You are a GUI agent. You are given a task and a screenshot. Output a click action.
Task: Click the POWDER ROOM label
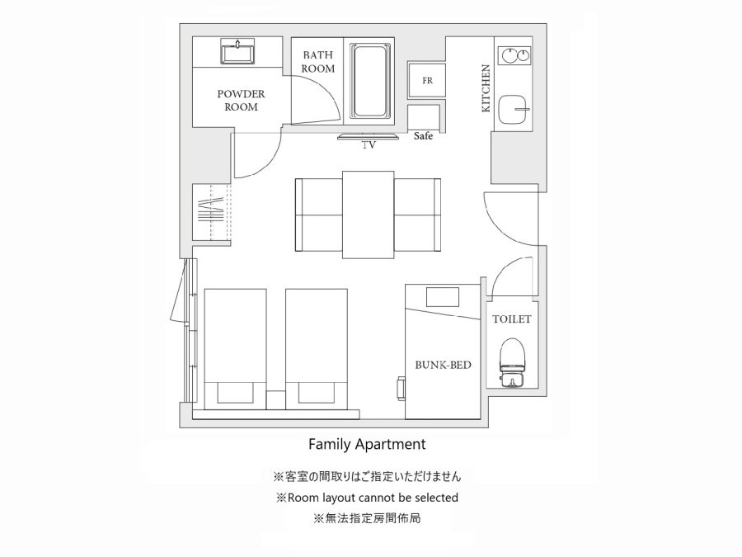[x=241, y=101]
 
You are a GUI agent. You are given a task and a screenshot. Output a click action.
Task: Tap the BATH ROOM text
[x=318, y=62]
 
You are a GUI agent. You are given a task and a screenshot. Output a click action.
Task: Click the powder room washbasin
[x=237, y=51]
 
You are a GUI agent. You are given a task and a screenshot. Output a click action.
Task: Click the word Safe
[x=423, y=136]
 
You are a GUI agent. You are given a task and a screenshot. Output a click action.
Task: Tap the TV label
[x=369, y=145]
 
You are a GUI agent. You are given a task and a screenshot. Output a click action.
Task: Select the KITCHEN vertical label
[x=486, y=88]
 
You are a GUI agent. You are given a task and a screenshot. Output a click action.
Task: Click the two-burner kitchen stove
[x=514, y=55]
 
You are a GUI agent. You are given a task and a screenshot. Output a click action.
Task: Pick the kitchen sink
[x=514, y=109]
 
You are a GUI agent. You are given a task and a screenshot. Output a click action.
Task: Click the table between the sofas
[x=369, y=215]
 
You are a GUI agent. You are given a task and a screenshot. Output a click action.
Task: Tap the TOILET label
[x=511, y=319]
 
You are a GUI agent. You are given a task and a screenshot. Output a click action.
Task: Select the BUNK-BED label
[x=443, y=365]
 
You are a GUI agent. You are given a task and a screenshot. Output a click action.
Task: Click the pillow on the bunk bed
[x=443, y=297]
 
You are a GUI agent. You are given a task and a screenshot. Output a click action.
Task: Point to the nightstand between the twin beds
[x=275, y=399]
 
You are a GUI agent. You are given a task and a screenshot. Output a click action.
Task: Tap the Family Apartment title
[x=367, y=444]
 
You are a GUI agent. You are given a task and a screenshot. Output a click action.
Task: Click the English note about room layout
[x=367, y=498]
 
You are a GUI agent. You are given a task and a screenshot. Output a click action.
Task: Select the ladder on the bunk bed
[x=402, y=389]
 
